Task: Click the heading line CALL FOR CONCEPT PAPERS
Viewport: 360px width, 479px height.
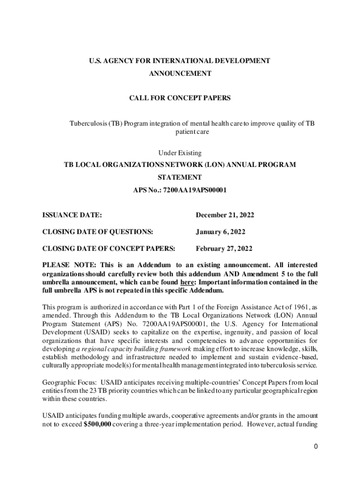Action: (x=180, y=98)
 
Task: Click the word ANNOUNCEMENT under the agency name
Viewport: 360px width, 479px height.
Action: (x=180, y=73)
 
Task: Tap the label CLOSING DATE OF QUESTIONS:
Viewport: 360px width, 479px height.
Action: (x=98, y=232)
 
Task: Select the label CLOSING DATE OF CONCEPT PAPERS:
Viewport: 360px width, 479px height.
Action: (x=109, y=248)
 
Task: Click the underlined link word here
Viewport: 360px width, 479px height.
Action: (x=187, y=283)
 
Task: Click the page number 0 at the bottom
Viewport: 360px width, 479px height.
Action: (x=316, y=446)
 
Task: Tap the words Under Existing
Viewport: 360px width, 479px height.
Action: (x=180, y=152)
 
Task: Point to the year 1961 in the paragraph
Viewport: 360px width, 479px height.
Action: (x=297, y=307)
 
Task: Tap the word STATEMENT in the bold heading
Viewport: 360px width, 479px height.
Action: (x=180, y=177)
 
